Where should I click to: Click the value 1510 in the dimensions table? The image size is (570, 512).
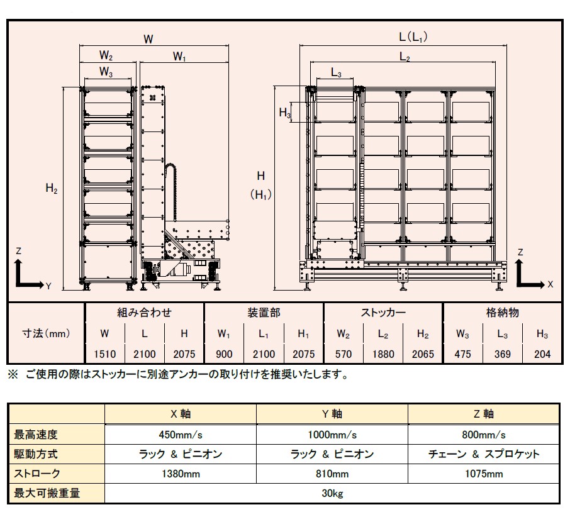(104, 354)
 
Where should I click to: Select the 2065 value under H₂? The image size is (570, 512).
(423, 354)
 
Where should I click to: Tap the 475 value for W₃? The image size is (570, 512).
(463, 354)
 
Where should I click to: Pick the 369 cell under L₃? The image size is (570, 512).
(503, 354)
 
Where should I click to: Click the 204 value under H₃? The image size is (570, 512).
(542, 354)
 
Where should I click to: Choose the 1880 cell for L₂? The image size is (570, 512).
(383, 354)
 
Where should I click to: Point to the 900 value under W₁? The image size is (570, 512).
(224, 354)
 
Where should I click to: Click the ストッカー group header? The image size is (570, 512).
(383, 313)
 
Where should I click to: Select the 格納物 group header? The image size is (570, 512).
(503, 313)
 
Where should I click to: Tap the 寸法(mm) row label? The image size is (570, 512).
(46, 333)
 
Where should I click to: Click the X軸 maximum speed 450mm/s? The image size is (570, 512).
(181, 435)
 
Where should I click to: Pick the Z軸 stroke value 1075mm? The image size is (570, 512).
(484, 474)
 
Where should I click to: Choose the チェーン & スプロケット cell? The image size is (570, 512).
(484, 454)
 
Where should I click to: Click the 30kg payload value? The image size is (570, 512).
(332, 494)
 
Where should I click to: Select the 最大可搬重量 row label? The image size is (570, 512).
(47, 493)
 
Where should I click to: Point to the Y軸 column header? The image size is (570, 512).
(332, 414)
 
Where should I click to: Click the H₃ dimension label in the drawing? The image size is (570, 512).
(285, 113)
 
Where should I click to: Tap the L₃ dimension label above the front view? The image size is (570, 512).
(336, 73)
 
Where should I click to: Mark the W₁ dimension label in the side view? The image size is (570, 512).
(179, 57)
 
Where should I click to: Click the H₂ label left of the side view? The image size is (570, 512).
(52, 188)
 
